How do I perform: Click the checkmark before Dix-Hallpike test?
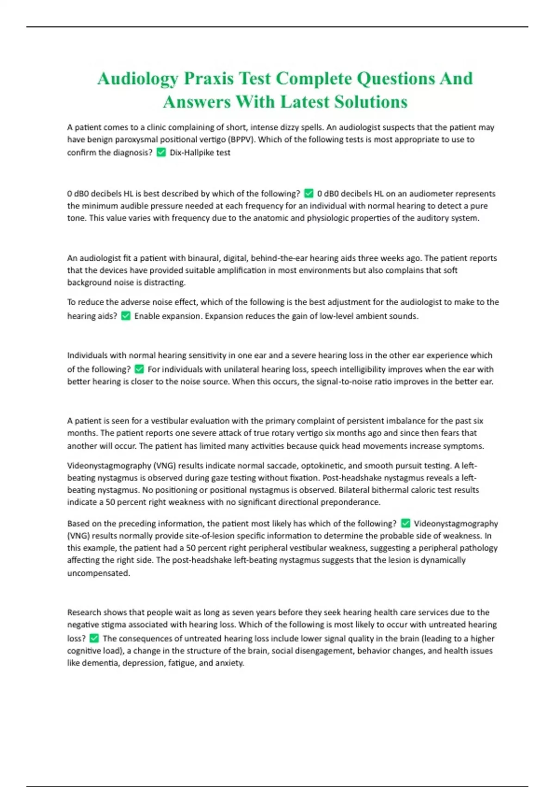click(x=161, y=152)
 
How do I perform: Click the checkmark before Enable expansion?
click(x=125, y=316)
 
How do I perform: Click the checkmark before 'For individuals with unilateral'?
click(x=139, y=369)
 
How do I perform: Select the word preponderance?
click(x=351, y=502)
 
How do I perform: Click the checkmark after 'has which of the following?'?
click(x=405, y=523)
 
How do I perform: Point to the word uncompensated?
click(x=99, y=573)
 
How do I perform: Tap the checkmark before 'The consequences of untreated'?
click(x=94, y=638)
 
